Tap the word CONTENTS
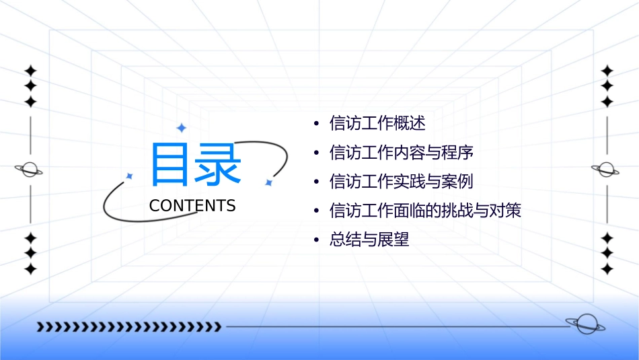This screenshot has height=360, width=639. click(x=192, y=206)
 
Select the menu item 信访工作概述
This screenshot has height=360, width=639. click(x=377, y=124)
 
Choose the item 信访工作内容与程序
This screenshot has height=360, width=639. click(x=402, y=153)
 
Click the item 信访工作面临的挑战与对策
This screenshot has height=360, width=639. click(x=425, y=211)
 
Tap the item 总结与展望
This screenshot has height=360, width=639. click(x=369, y=240)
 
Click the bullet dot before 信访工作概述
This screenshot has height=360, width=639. click(x=316, y=124)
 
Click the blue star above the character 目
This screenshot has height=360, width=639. click(x=181, y=128)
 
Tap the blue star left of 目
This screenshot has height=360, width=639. click(x=130, y=176)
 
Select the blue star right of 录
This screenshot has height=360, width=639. click(x=268, y=182)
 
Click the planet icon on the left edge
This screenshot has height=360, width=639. click(x=30, y=170)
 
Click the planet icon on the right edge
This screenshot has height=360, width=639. click(x=606, y=170)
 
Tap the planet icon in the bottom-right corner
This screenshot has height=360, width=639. click(x=585, y=324)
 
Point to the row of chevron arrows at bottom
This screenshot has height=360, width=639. click(x=128, y=327)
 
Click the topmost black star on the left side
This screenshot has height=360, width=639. click(x=30, y=71)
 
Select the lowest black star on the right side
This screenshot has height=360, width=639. click(x=607, y=269)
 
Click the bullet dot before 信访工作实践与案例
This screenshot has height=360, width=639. click(x=316, y=182)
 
